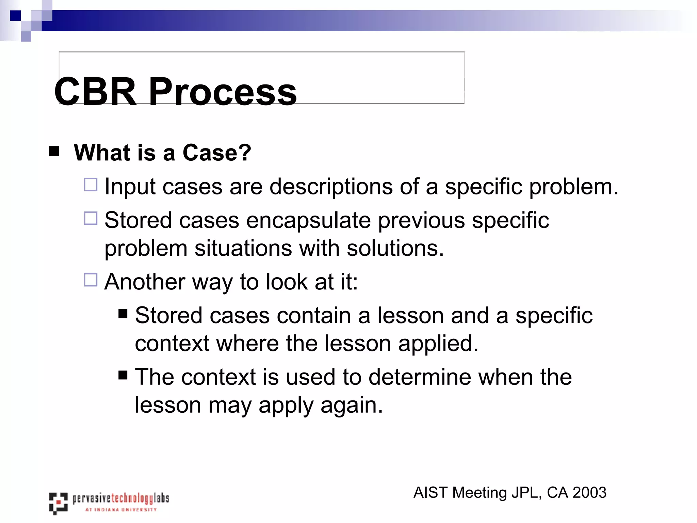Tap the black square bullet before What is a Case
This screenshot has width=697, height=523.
(54, 151)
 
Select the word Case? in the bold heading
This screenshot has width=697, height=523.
(217, 153)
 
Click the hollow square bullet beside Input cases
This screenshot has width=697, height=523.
(91, 185)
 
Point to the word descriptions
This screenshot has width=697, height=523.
(331, 187)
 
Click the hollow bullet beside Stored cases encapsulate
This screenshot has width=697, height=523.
(91, 218)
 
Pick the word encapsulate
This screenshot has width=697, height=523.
(308, 220)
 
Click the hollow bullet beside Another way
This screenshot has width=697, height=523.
(91, 280)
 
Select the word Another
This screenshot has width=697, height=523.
(144, 282)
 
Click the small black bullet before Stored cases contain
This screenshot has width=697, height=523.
(123, 313)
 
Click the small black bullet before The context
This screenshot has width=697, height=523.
(123, 375)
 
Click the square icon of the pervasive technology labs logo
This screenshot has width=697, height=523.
(58, 503)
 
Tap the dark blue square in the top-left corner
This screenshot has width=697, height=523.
(15, 16)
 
